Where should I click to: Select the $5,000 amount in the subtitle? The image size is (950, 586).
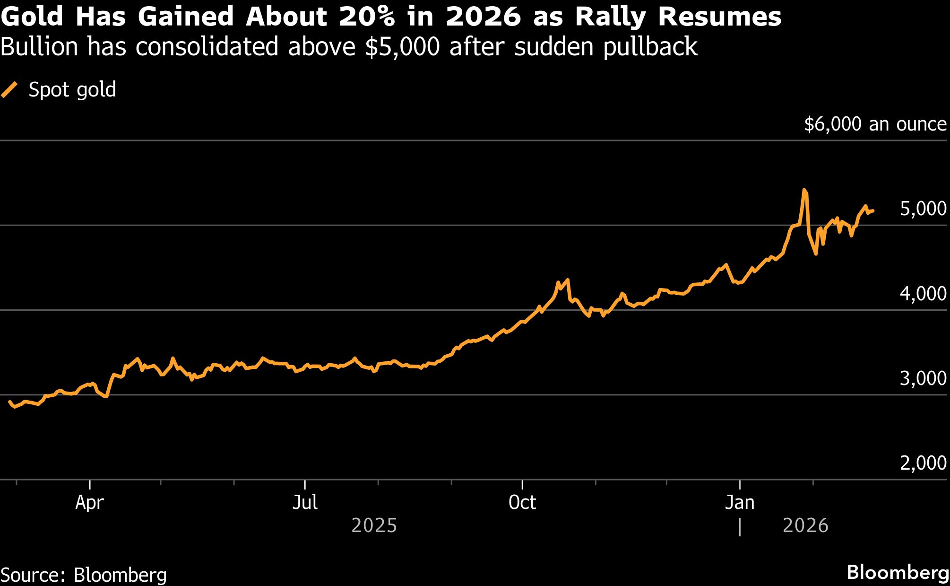click(402, 47)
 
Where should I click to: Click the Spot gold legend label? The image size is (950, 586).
click(72, 89)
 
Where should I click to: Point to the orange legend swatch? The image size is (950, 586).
click(9, 89)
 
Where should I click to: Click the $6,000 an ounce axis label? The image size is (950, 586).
click(875, 124)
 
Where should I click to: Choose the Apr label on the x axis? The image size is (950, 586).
click(89, 502)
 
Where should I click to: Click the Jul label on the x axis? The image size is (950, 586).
click(305, 502)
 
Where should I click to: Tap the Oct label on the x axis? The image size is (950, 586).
click(522, 502)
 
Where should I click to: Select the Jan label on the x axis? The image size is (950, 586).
click(740, 502)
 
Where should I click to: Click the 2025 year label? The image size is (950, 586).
click(374, 525)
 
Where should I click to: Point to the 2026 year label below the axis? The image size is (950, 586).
click(805, 525)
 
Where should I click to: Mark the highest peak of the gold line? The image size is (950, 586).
click(804, 190)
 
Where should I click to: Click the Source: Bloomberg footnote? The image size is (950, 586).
click(84, 575)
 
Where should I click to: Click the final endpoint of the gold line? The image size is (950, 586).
click(873, 211)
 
